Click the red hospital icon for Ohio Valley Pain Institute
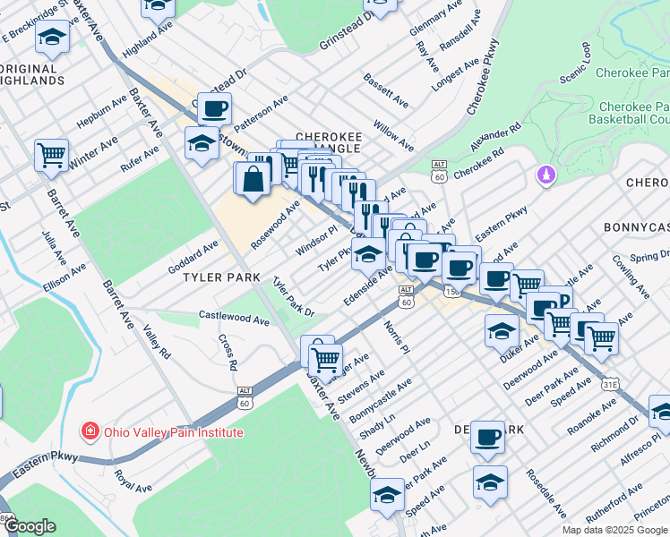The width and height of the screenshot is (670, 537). (x=90, y=432)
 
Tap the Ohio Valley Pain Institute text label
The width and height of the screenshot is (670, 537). (x=173, y=432)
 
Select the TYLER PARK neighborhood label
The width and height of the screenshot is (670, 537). (x=221, y=277)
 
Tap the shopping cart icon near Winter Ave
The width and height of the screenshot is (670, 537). (x=51, y=155)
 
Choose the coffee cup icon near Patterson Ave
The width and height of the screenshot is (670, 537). (x=214, y=110)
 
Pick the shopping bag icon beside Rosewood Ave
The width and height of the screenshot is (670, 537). (x=253, y=178)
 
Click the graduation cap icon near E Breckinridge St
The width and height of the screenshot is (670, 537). (x=53, y=39)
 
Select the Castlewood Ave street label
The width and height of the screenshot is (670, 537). (x=234, y=318)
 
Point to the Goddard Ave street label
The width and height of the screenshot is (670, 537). (x=193, y=257)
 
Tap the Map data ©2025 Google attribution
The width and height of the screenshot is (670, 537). (x=614, y=530)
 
